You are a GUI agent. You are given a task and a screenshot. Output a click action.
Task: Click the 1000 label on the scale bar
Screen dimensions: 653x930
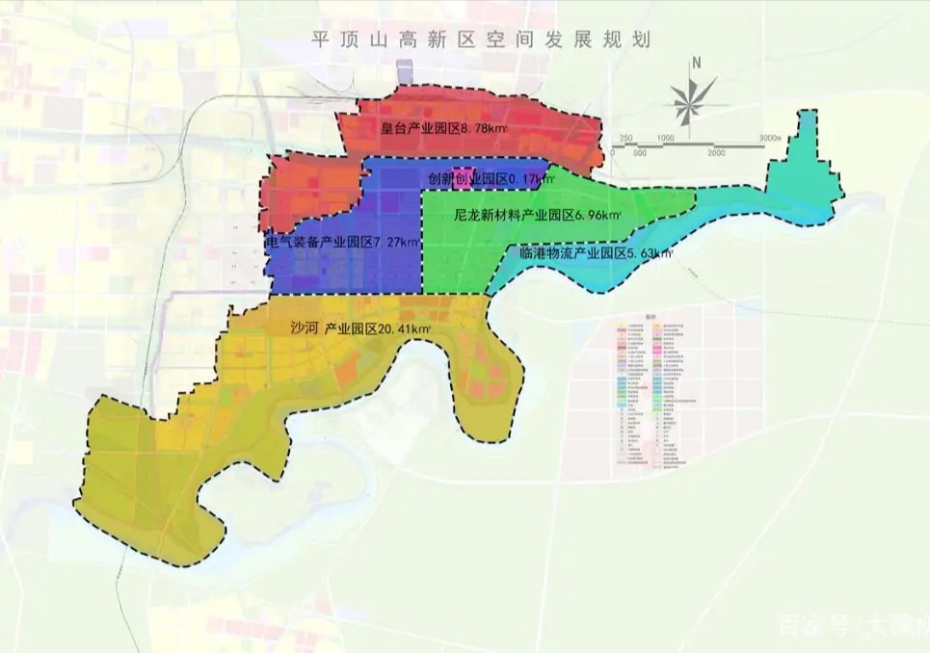pos(665,138)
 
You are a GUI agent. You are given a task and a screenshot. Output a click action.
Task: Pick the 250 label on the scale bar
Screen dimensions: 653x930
pos(625,138)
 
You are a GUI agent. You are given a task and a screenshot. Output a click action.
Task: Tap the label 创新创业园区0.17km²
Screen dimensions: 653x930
pos(487,178)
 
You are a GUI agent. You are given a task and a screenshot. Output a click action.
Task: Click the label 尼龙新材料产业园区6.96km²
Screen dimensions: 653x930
pos(538,217)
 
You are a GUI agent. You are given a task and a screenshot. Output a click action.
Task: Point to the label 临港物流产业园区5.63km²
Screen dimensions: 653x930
pos(595,254)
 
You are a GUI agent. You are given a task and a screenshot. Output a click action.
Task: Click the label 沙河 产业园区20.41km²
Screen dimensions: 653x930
pos(360,327)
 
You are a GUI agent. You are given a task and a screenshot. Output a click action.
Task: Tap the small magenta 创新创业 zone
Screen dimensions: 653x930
pos(460,177)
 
